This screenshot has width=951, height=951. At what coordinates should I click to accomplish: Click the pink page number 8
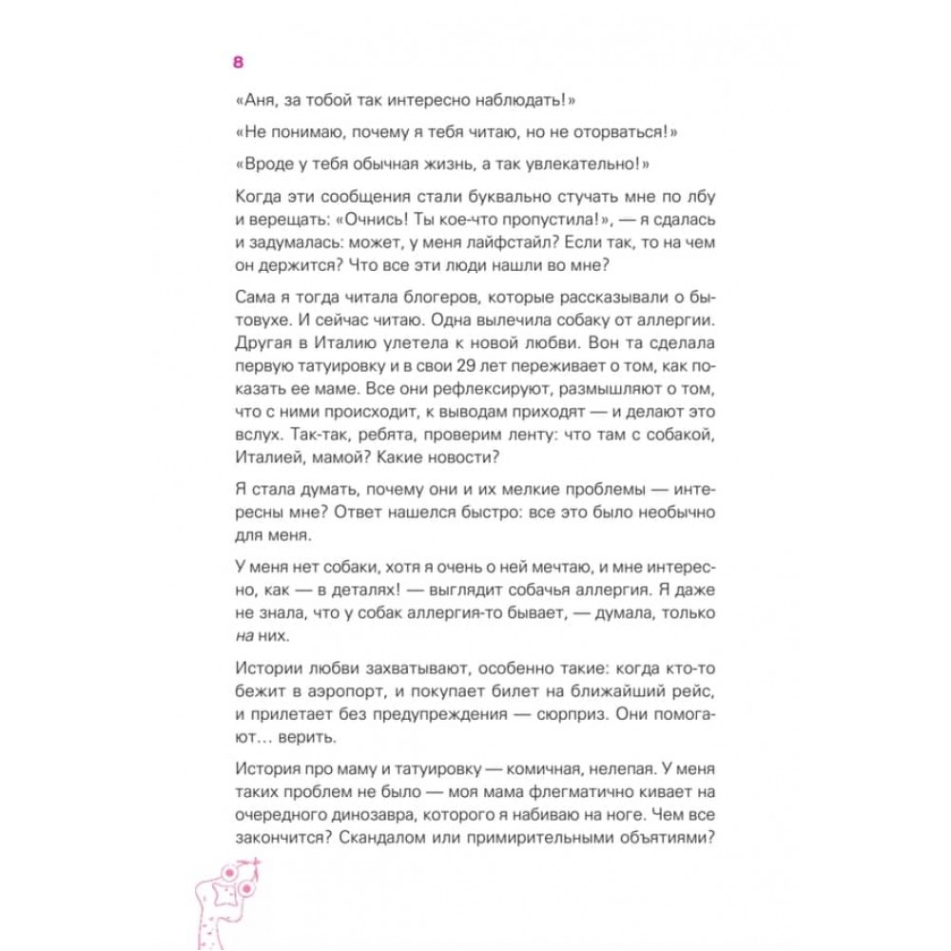(239, 63)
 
